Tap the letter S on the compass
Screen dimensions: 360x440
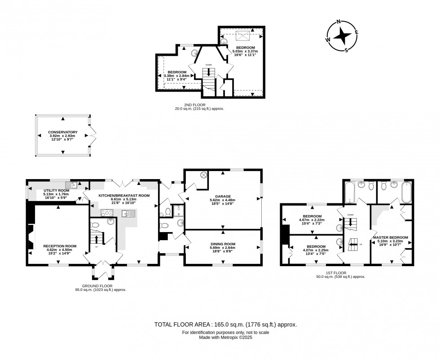[x=346, y=49]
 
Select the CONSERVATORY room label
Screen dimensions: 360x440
[x=63, y=132]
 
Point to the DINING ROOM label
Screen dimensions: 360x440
[x=223, y=244]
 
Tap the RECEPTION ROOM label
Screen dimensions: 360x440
[x=60, y=246]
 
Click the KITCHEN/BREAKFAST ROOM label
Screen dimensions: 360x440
[x=123, y=196]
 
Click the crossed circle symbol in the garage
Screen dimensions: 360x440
[x=203, y=175]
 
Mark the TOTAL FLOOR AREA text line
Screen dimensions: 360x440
[x=225, y=324]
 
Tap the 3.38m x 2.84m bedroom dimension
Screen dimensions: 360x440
[x=177, y=76]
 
